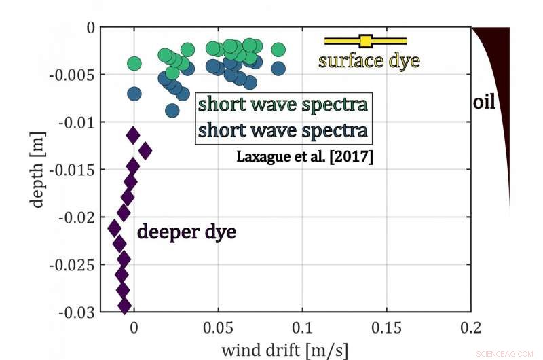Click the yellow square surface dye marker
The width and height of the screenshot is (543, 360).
click(365, 41)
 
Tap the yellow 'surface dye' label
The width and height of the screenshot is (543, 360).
click(369, 60)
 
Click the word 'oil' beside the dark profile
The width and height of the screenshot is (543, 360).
click(484, 103)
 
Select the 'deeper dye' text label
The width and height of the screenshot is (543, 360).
click(187, 232)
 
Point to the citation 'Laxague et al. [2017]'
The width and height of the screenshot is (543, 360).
click(305, 156)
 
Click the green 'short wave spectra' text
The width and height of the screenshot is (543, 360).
click(283, 105)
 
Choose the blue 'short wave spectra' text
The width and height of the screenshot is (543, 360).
click(283, 129)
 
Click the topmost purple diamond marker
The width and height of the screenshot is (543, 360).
click(133, 136)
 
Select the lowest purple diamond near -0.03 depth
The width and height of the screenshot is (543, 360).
click(125, 306)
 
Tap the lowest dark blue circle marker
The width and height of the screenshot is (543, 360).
click(172, 110)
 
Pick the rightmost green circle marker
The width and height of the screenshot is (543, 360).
click(278, 50)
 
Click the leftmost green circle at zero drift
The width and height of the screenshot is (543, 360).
click(134, 64)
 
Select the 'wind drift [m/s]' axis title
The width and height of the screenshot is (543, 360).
click(285, 350)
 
